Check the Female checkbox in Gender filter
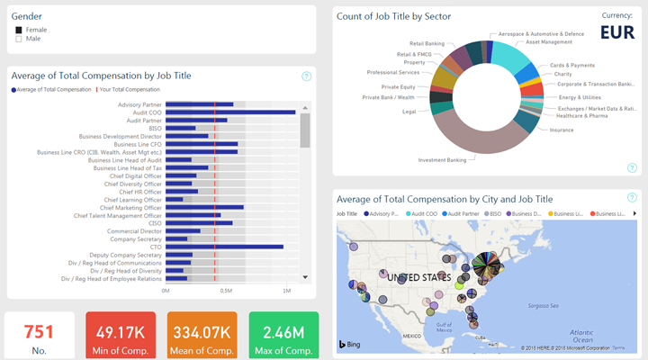pos(19,30)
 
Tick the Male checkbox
pos(19,39)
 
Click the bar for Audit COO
pos(230,112)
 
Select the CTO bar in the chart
pos(224,247)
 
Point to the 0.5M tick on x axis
pos(226,291)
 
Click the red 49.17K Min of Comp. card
pos(121,336)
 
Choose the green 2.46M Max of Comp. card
pos(283,336)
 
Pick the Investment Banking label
pos(442,160)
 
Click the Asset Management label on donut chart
pos(548,41)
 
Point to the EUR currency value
pos(616,33)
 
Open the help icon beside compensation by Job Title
pos(307,76)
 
